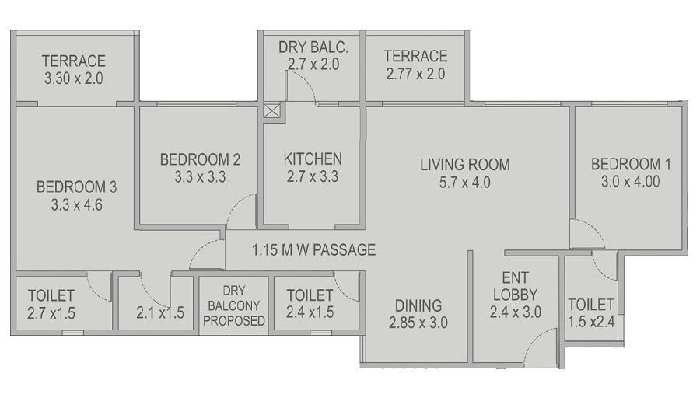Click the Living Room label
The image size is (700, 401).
465,164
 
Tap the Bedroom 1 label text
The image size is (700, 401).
631,164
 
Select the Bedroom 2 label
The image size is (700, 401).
200,159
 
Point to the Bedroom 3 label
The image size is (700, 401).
76,187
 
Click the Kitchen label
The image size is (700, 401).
313,159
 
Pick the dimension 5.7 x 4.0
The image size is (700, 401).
465,183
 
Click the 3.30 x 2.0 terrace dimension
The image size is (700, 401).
74,78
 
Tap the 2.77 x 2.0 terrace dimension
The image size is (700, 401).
415,75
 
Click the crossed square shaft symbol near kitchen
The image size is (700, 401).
271,110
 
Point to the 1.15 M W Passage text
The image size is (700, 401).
313,250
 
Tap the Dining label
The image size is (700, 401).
418,305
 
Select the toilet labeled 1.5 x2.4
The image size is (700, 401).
591,311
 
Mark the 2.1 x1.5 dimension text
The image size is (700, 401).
159,313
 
